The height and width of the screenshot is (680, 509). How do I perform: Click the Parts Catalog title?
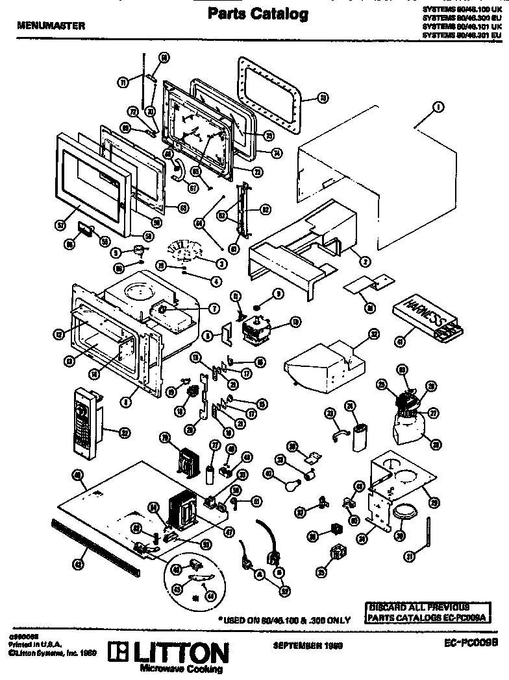[258, 14]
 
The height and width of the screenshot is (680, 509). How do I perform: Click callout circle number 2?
[366, 262]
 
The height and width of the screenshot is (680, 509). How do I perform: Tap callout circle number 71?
[121, 83]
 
